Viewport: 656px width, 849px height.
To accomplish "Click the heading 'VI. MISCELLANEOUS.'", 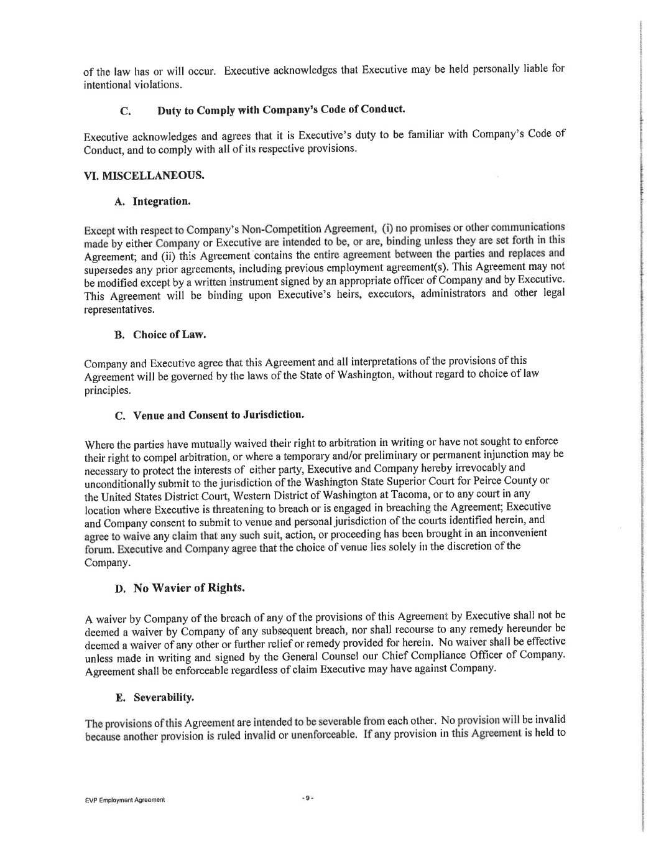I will [144, 176].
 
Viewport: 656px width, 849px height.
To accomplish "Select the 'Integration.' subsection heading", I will [161, 202].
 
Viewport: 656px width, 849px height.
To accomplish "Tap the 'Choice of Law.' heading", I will [169, 335].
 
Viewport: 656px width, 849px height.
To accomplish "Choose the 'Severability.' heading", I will [164, 697].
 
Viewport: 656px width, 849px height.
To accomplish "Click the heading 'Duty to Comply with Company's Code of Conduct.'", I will [281, 110].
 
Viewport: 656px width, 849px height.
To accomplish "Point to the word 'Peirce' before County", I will [491, 481].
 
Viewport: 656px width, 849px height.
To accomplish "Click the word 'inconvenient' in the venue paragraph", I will [518, 534].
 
